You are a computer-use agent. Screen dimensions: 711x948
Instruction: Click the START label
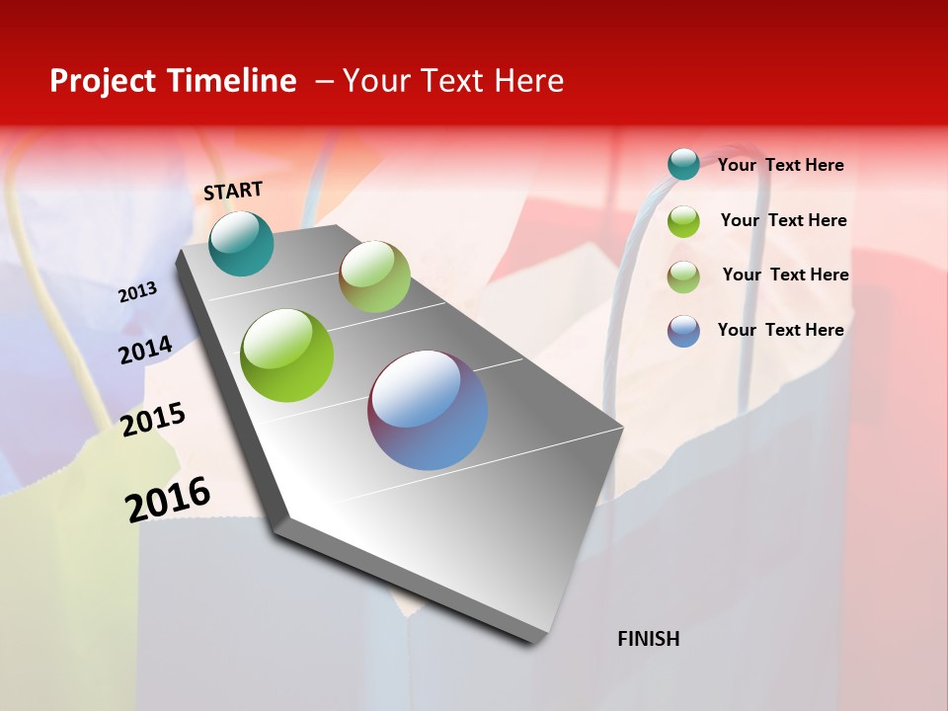click(233, 191)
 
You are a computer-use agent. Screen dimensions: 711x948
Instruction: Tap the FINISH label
click(648, 639)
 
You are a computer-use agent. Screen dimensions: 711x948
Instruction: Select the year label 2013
click(137, 292)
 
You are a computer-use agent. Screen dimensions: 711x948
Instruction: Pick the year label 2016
click(168, 500)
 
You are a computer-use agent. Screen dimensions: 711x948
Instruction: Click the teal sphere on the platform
click(241, 244)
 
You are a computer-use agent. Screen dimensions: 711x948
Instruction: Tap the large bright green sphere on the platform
click(286, 355)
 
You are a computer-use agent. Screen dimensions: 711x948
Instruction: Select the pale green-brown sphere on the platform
click(374, 276)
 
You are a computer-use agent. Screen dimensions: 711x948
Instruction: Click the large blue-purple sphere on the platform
click(428, 410)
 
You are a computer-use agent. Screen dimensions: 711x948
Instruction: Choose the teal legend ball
click(683, 164)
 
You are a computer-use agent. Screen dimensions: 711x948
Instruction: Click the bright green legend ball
click(683, 221)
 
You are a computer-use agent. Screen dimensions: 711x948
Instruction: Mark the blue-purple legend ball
click(683, 331)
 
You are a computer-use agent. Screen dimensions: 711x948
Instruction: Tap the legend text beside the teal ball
click(780, 166)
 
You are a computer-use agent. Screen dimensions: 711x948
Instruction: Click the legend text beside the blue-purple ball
click(780, 330)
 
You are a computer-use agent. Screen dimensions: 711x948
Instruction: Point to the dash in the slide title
click(324, 81)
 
